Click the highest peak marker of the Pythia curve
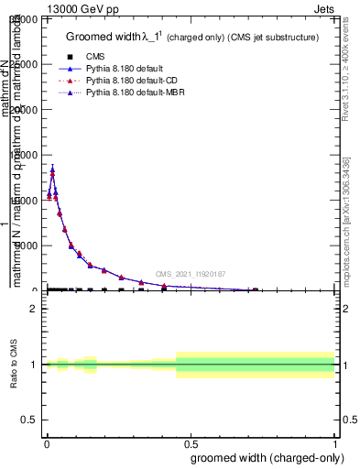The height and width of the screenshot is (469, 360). pos(52,170)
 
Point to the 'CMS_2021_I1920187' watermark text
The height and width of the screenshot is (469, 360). pos(191,274)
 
